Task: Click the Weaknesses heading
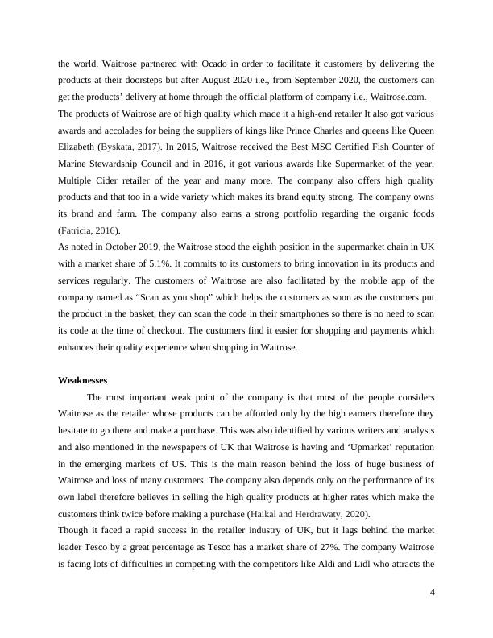click(84, 380)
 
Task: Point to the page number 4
click(432, 594)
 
